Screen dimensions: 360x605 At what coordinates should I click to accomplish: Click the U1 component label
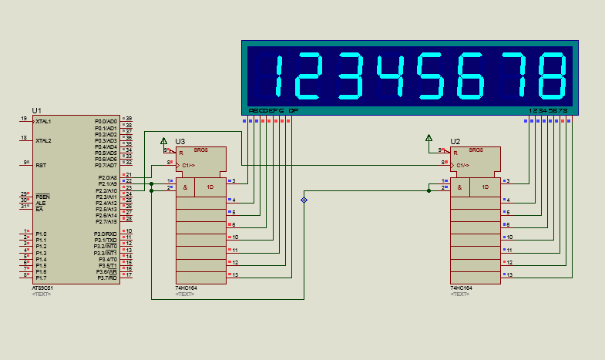[x=37, y=110]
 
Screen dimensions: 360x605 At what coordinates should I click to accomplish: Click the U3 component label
[x=180, y=141]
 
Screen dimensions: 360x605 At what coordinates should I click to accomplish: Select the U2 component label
[x=455, y=141]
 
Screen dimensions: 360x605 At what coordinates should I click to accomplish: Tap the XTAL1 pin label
[x=43, y=122]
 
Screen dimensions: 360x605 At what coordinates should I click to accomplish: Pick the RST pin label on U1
[x=41, y=165]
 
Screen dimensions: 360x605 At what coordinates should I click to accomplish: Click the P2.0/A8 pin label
[x=106, y=178]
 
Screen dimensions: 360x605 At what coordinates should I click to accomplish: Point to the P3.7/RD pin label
[x=106, y=278]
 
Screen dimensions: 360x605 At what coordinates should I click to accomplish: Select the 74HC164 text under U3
[x=185, y=288]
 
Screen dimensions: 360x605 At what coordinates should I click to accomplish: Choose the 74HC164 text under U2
[x=459, y=288]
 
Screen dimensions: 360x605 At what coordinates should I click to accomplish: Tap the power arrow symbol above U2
[x=429, y=140]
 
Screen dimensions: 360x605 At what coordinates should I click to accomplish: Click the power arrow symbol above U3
[x=163, y=140]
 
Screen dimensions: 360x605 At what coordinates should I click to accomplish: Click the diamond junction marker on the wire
[x=304, y=200]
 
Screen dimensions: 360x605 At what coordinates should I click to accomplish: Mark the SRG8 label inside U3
[x=200, y=150]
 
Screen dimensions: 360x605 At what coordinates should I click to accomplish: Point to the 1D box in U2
[x=485, y=187]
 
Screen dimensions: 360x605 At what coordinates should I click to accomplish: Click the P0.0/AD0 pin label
[x=106, y=122]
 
